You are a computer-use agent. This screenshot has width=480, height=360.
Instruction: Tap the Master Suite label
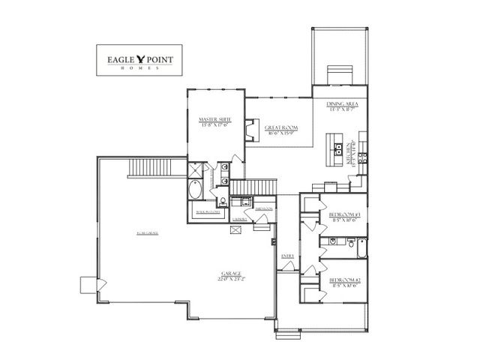[214, 122]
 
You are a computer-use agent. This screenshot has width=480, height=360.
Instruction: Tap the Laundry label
[240, 219]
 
